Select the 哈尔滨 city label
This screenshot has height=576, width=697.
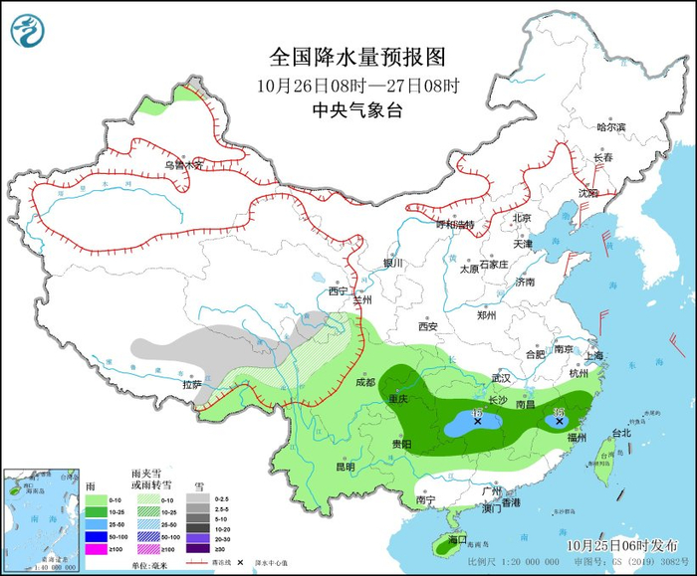pos(609,127)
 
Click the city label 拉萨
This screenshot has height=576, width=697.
pos(192,384)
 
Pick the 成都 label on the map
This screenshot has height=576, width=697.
pos(365,381)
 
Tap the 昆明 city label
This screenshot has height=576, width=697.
pos(345,466)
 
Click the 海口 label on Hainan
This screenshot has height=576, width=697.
pos(457,539)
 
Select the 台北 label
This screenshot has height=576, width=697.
pos(620,433)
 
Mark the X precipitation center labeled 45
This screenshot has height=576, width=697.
pos(478,421)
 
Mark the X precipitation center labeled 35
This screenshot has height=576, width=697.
pos(559,422)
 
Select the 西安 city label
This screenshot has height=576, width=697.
pos(428,326)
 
